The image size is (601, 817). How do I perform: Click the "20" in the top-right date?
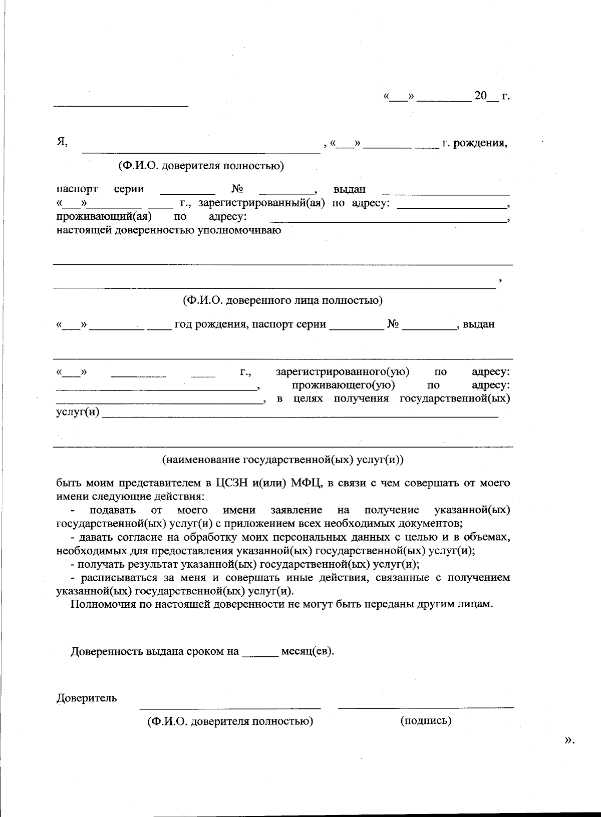pyautogui.click(x=480, y=96)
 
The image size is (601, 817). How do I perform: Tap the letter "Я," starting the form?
pyautogui.click(x=62, y=143)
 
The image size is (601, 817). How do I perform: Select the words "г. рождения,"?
pyautogui.click(x=474, y=144)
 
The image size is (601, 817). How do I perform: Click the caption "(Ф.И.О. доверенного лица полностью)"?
pyautogui.click(x=282, y=300)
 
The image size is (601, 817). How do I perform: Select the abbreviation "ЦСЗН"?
pyautogui.click(x=232, y=483)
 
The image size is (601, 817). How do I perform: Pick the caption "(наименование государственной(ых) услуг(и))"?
pyautogui.click(x=283, y=460)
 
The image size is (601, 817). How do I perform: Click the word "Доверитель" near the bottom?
pyautogui.click(x=87, y=698)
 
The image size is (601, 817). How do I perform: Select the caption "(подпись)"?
pyautogui.click(x=426, y=720)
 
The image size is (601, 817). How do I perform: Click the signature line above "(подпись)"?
pyautogui.click(x=426, y=707)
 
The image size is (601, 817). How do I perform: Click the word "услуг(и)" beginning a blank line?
pyautogui.click(x=78, y=412)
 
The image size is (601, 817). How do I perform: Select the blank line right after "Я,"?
pyautogui.click(x=200, y=152)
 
